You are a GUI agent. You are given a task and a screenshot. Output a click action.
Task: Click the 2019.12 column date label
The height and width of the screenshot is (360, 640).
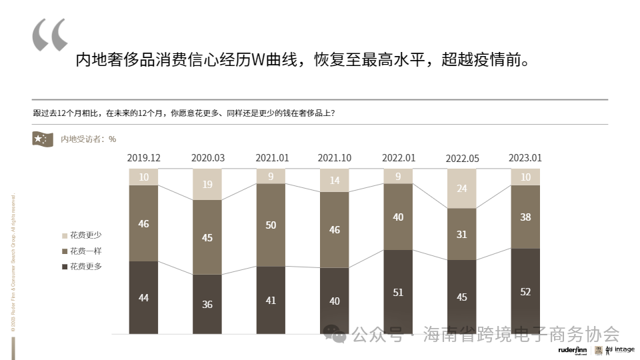click(x=144, y=158)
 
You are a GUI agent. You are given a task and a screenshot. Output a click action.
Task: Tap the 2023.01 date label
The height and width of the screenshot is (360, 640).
click(x=525, y=158)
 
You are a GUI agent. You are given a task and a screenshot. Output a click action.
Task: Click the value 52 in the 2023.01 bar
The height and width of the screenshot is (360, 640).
click(x=525, y=292)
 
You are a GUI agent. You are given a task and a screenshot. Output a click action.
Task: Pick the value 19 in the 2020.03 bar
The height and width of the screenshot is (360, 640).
click(x=207, y=185)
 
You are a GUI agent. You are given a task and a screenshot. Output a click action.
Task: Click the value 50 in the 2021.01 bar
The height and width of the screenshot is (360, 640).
click(x=271, y=225)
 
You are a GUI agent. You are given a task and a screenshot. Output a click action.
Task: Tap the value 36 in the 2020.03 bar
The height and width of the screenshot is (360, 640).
click(x=207, y=304)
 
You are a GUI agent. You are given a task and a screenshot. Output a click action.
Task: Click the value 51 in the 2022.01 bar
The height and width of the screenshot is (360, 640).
click(x=398, y=292)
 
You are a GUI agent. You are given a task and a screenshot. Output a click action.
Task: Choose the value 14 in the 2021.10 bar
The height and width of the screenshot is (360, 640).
click(x=335, y=181)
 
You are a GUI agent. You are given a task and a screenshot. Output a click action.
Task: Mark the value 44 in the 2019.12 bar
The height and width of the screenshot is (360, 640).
click(x=144, y=298)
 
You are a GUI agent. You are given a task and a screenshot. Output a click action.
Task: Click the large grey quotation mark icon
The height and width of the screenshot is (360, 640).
click(x=50, y=35)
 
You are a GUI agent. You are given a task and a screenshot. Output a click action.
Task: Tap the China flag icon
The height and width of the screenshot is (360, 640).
click(x=43, y=139)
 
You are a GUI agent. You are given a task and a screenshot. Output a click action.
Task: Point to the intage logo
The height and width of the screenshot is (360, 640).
click(x=624, y=349)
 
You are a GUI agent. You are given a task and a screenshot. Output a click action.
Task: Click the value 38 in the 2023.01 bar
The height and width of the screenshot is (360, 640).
click(x=525, y=217)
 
